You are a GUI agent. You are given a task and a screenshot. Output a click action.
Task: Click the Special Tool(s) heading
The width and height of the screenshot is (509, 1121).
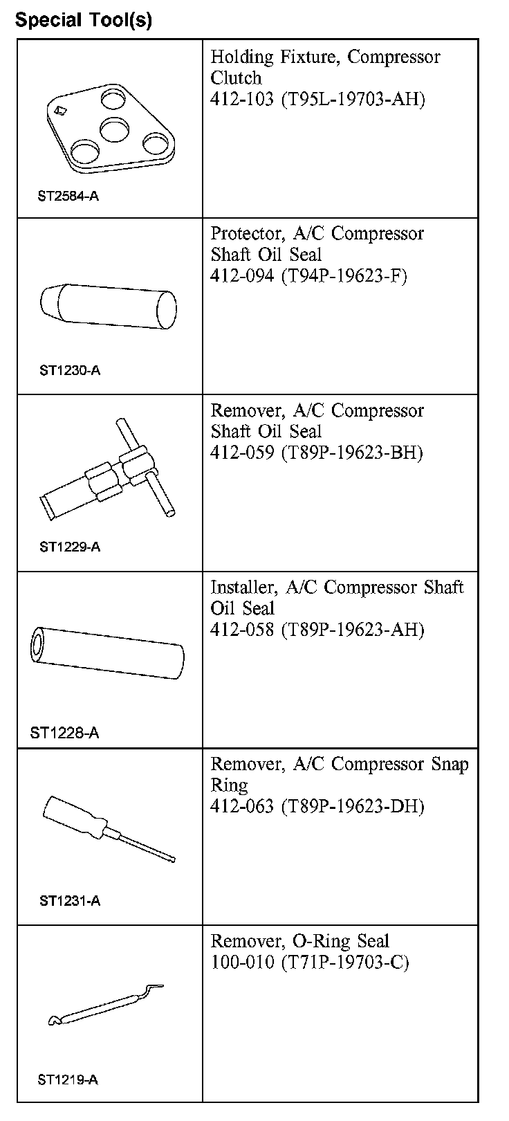click(84, 20)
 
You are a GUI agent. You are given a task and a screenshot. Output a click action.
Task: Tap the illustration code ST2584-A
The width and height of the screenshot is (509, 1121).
click(68, 196)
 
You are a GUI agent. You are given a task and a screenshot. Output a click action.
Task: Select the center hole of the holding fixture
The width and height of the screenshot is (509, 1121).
click(115, 129)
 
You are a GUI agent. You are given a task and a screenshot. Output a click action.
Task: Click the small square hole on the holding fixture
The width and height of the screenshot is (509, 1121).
click(60, 111)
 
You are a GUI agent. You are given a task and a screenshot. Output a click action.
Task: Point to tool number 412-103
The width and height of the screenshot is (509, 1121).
click(242, 98)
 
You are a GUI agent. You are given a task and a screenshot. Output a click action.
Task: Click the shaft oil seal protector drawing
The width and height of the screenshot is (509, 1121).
click(108, 307)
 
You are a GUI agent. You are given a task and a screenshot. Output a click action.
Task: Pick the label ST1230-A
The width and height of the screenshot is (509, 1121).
click(70, 370)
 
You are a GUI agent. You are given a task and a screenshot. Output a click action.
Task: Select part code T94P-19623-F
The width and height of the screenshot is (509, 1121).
click(344, 275)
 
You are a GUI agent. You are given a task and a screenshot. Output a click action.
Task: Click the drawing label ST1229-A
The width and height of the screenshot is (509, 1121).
click(70, 547)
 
